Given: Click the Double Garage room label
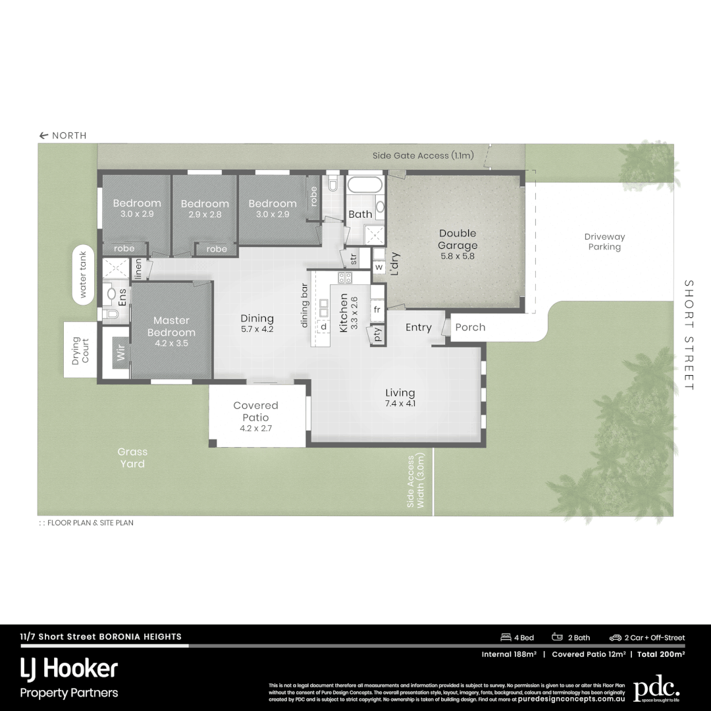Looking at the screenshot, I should point(457,240).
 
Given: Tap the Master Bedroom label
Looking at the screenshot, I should point(171,327).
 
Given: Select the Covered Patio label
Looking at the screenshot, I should point(255,411).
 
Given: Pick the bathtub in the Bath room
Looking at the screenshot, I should point(364,184).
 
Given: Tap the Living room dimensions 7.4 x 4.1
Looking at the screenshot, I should point(400,404).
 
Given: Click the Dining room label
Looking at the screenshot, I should point(257,319).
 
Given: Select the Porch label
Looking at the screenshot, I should point(470,327).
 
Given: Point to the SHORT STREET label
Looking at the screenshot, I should point(689,335).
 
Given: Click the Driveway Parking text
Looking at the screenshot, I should point(604,242).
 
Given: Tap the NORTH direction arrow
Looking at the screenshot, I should point(44,136).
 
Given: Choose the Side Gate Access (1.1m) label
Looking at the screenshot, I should point(423,156).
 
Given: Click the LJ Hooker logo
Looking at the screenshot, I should point(69,670).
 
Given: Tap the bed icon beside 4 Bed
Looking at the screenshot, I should point(506,637).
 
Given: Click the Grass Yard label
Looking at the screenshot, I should point(132,458).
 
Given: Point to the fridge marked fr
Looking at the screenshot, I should point(377,309).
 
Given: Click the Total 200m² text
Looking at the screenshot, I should point(661,654).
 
